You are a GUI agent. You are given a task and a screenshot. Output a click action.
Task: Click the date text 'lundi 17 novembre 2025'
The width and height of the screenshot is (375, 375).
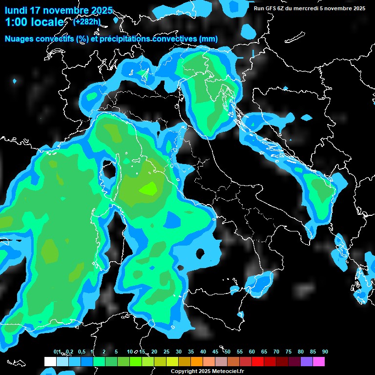coord(59,10)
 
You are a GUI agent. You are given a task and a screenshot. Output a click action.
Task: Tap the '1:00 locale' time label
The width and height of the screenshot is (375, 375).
coord(34,22)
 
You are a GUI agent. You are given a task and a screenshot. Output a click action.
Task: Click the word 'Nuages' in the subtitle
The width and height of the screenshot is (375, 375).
coord(20,39)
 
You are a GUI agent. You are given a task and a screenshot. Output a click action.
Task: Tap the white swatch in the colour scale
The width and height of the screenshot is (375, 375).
coord(50,361)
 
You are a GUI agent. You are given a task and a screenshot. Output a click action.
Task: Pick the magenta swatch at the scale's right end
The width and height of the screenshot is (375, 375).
coord(319,361)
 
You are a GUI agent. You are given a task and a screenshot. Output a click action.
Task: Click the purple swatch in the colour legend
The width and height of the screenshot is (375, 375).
coord(307,361)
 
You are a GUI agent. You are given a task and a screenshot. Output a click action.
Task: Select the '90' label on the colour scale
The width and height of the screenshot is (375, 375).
coord(325,352)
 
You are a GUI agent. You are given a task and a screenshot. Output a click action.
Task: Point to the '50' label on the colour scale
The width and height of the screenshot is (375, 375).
coord(228,352)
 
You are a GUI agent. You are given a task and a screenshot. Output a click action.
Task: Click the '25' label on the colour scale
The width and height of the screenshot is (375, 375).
coord(167,352)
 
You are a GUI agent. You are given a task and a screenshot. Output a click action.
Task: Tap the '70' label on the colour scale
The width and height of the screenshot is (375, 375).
coord(276,352)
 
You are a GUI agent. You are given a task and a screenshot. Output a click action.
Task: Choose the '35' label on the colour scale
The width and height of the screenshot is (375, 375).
coord(191,352)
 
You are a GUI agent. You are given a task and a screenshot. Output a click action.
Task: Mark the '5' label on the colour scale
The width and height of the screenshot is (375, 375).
coord(116,352)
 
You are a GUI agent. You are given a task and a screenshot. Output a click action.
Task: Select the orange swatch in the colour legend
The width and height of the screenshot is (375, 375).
coord(197,361)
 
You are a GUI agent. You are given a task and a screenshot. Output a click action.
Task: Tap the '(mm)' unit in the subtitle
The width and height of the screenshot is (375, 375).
coord(208,39)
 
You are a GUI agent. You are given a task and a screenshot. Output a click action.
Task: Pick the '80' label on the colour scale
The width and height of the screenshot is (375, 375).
coord(301,352)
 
